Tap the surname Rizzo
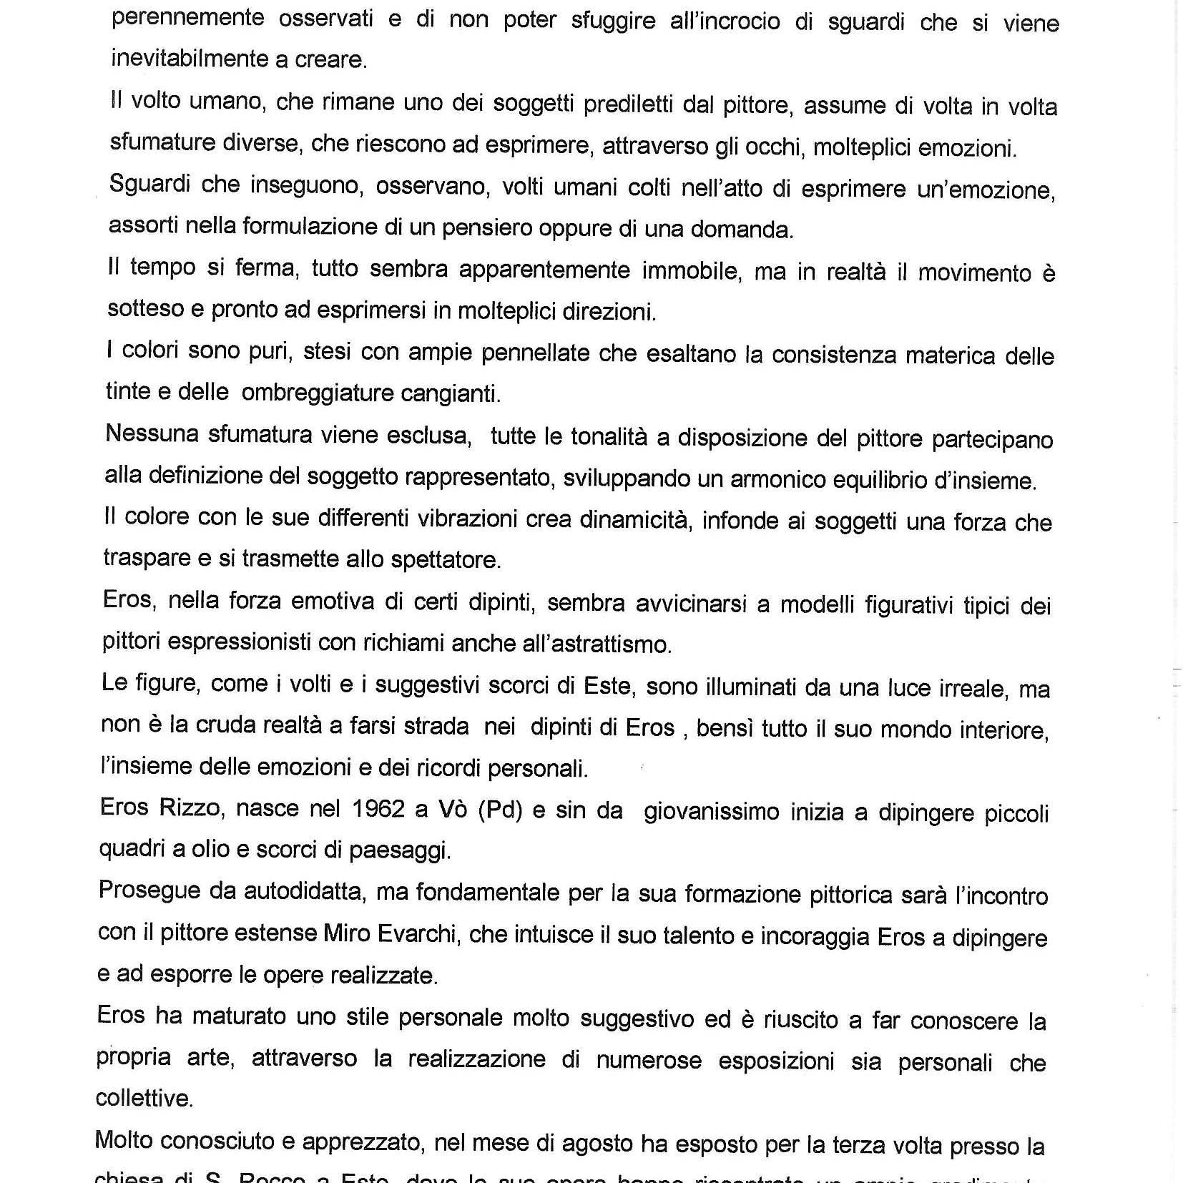pyautogui.click(x=190, y=808)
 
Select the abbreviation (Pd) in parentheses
pyautogui.click(x=500, y=810)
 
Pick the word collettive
pyautogui.click(x=144, y=1099)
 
